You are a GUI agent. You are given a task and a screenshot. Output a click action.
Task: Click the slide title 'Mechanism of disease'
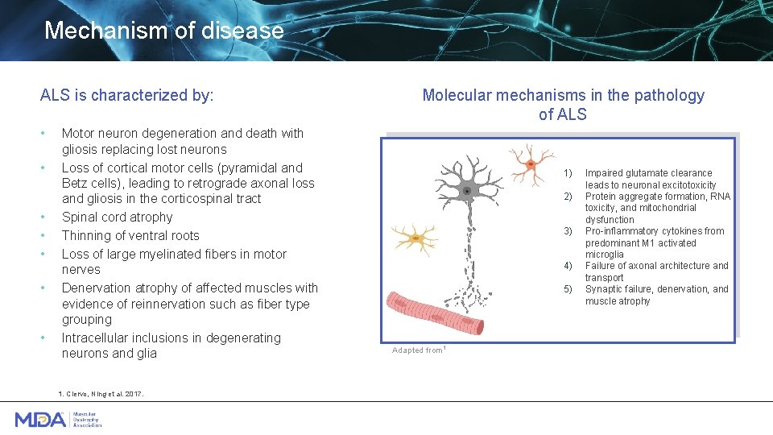[x=163, y=31]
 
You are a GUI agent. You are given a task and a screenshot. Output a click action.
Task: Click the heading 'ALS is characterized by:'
[x=126, y=95]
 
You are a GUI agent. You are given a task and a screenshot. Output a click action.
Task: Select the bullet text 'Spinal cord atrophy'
[x=117, y=217]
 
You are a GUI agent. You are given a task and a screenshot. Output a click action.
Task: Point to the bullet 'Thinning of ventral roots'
[x=130, y=235]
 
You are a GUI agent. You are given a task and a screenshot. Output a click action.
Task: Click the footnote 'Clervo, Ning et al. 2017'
[x=101, y=393]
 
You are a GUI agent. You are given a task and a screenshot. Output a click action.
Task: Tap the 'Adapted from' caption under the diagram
[x=418, y=350]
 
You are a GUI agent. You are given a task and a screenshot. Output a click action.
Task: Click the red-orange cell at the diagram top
[x=531, y=165]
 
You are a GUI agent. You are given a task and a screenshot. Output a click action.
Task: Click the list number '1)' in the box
[x=568, y=173]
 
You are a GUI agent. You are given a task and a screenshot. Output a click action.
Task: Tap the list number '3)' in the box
[x=568, y=231]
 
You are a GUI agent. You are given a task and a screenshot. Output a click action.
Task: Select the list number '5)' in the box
[x=568, y=289]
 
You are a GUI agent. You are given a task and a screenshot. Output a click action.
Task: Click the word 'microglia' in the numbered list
[x=605, y=255]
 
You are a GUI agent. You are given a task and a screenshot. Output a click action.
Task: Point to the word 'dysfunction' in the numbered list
[x=610, y=219]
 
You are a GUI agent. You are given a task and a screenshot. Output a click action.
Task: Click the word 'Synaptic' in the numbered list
[x=605, y=289]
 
